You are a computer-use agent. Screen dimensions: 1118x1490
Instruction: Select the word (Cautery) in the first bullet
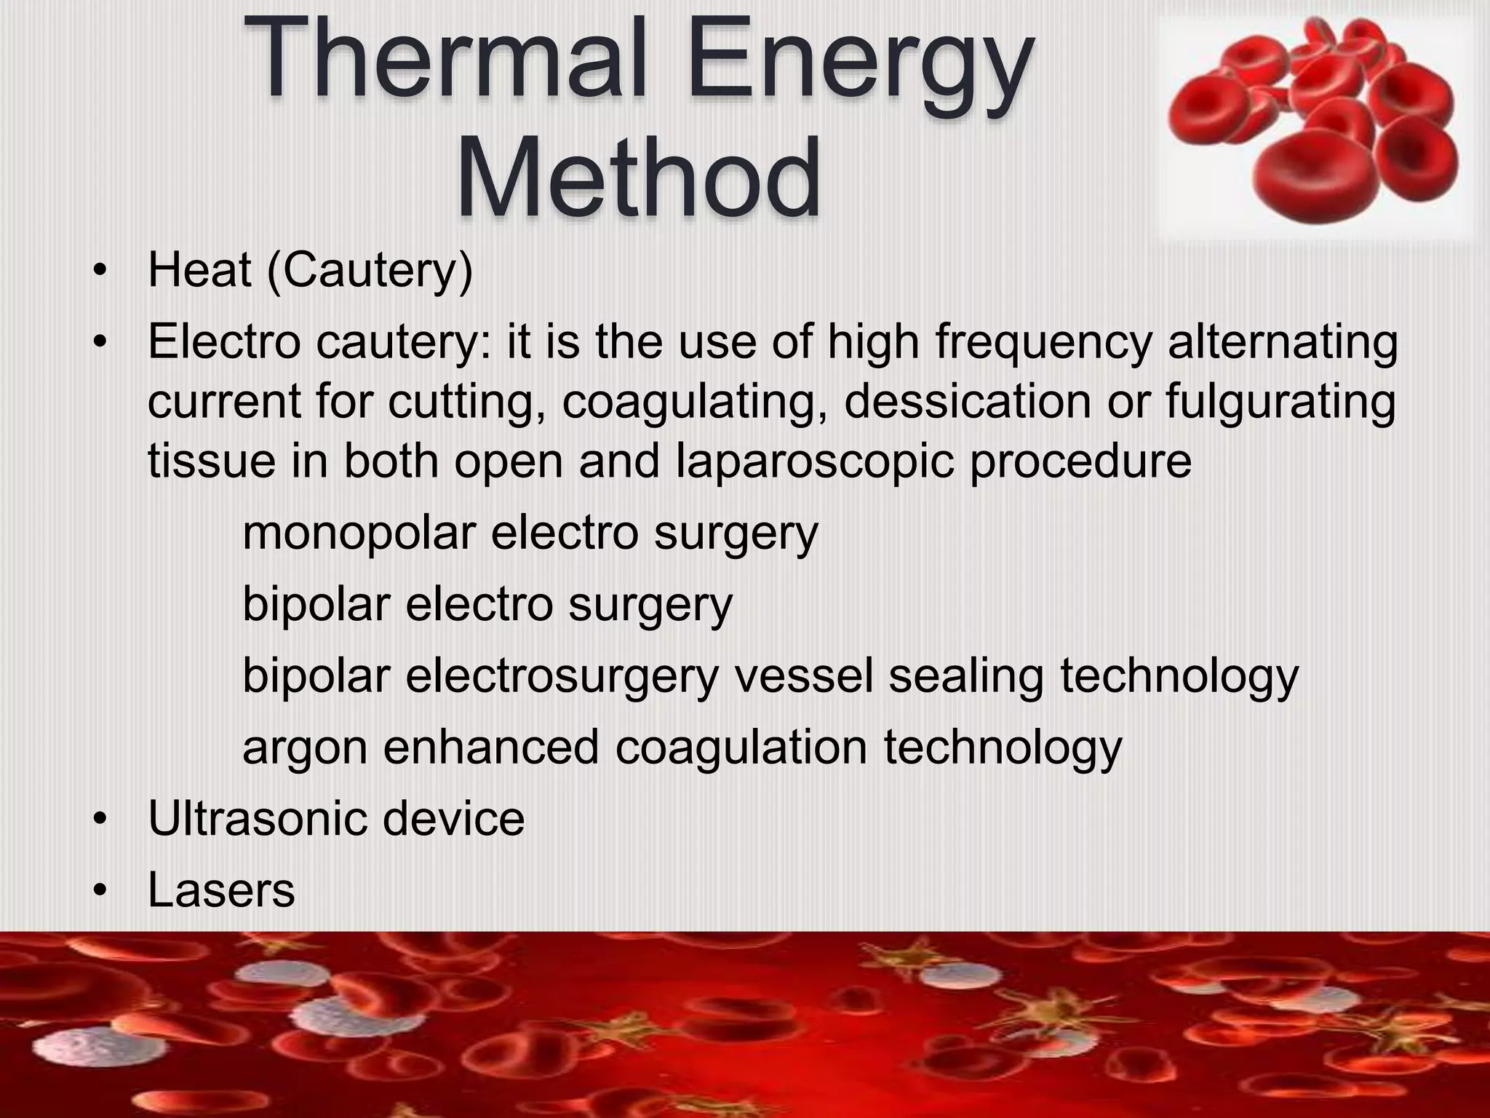pos(370,271)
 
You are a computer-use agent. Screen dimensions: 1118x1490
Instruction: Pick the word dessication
pos(968,401)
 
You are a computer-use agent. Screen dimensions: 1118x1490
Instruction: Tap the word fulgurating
pos(1280,403)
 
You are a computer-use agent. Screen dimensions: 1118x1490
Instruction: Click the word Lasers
pos(221,889)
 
